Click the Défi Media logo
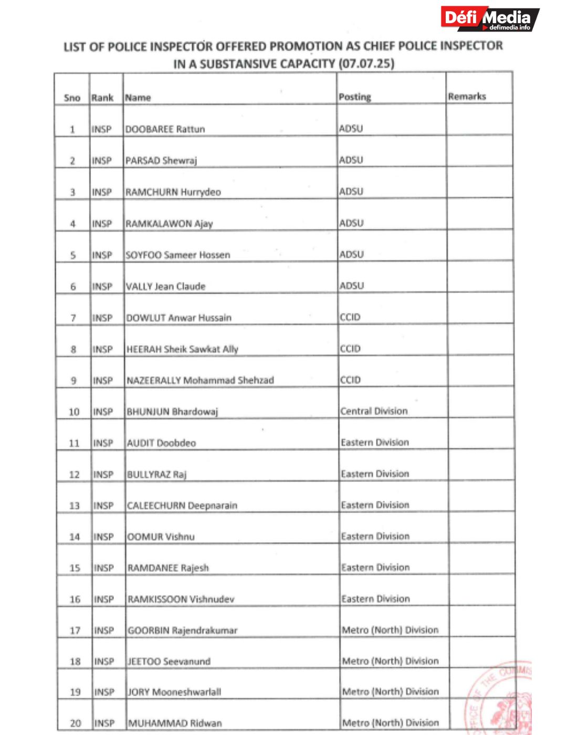(489, 19)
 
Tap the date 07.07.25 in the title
(366, 64)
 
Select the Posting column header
(354, 97)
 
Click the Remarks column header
(467, 96)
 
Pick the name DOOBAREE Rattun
(165, 129)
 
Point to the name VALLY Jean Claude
(165, 286)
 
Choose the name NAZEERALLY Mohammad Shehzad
(200, 380)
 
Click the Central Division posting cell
(374, 411)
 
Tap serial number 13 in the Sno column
(75, 506)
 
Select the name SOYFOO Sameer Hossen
(178, 255)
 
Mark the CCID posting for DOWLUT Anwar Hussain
(350, 317)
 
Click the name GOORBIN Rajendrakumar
(183, 630)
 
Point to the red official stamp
(501, 698)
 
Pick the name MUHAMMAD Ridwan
(175, 723)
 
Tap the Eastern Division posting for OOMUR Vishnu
(375, 536)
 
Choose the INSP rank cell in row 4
(102, 224)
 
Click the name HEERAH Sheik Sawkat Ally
(182, 349)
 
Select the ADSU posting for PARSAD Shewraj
(351, 160)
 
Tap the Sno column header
(72, 98)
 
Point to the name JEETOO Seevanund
(169, 661)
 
